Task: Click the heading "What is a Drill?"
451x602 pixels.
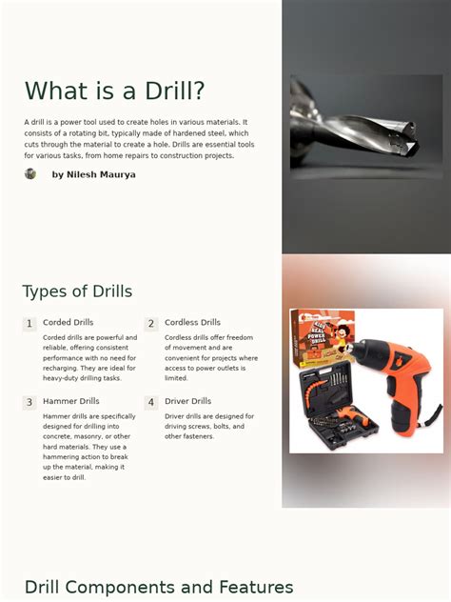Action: click(x=114, y=91)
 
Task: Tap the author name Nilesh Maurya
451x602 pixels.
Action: click(x=93, y=175)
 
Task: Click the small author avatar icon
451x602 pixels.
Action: click(x=30, y=174)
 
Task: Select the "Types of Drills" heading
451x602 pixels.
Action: click(x=77, y=291)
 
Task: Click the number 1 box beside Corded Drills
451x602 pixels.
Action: click(x=29, y=324)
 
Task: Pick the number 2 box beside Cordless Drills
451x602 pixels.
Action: click(x=150, y=324)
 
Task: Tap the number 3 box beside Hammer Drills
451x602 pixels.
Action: click(x=29, y=403)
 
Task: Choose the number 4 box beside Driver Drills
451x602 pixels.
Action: click(x=150, y=403)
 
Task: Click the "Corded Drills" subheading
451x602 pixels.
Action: click(x=68, y=323)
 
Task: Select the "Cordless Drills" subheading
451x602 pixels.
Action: click(x=192, y=323)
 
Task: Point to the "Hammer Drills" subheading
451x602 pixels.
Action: click(x=70, y=401)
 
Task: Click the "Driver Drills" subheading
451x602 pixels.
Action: click(x=187, y=401)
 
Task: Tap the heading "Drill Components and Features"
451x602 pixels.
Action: click(x=158, y=588)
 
